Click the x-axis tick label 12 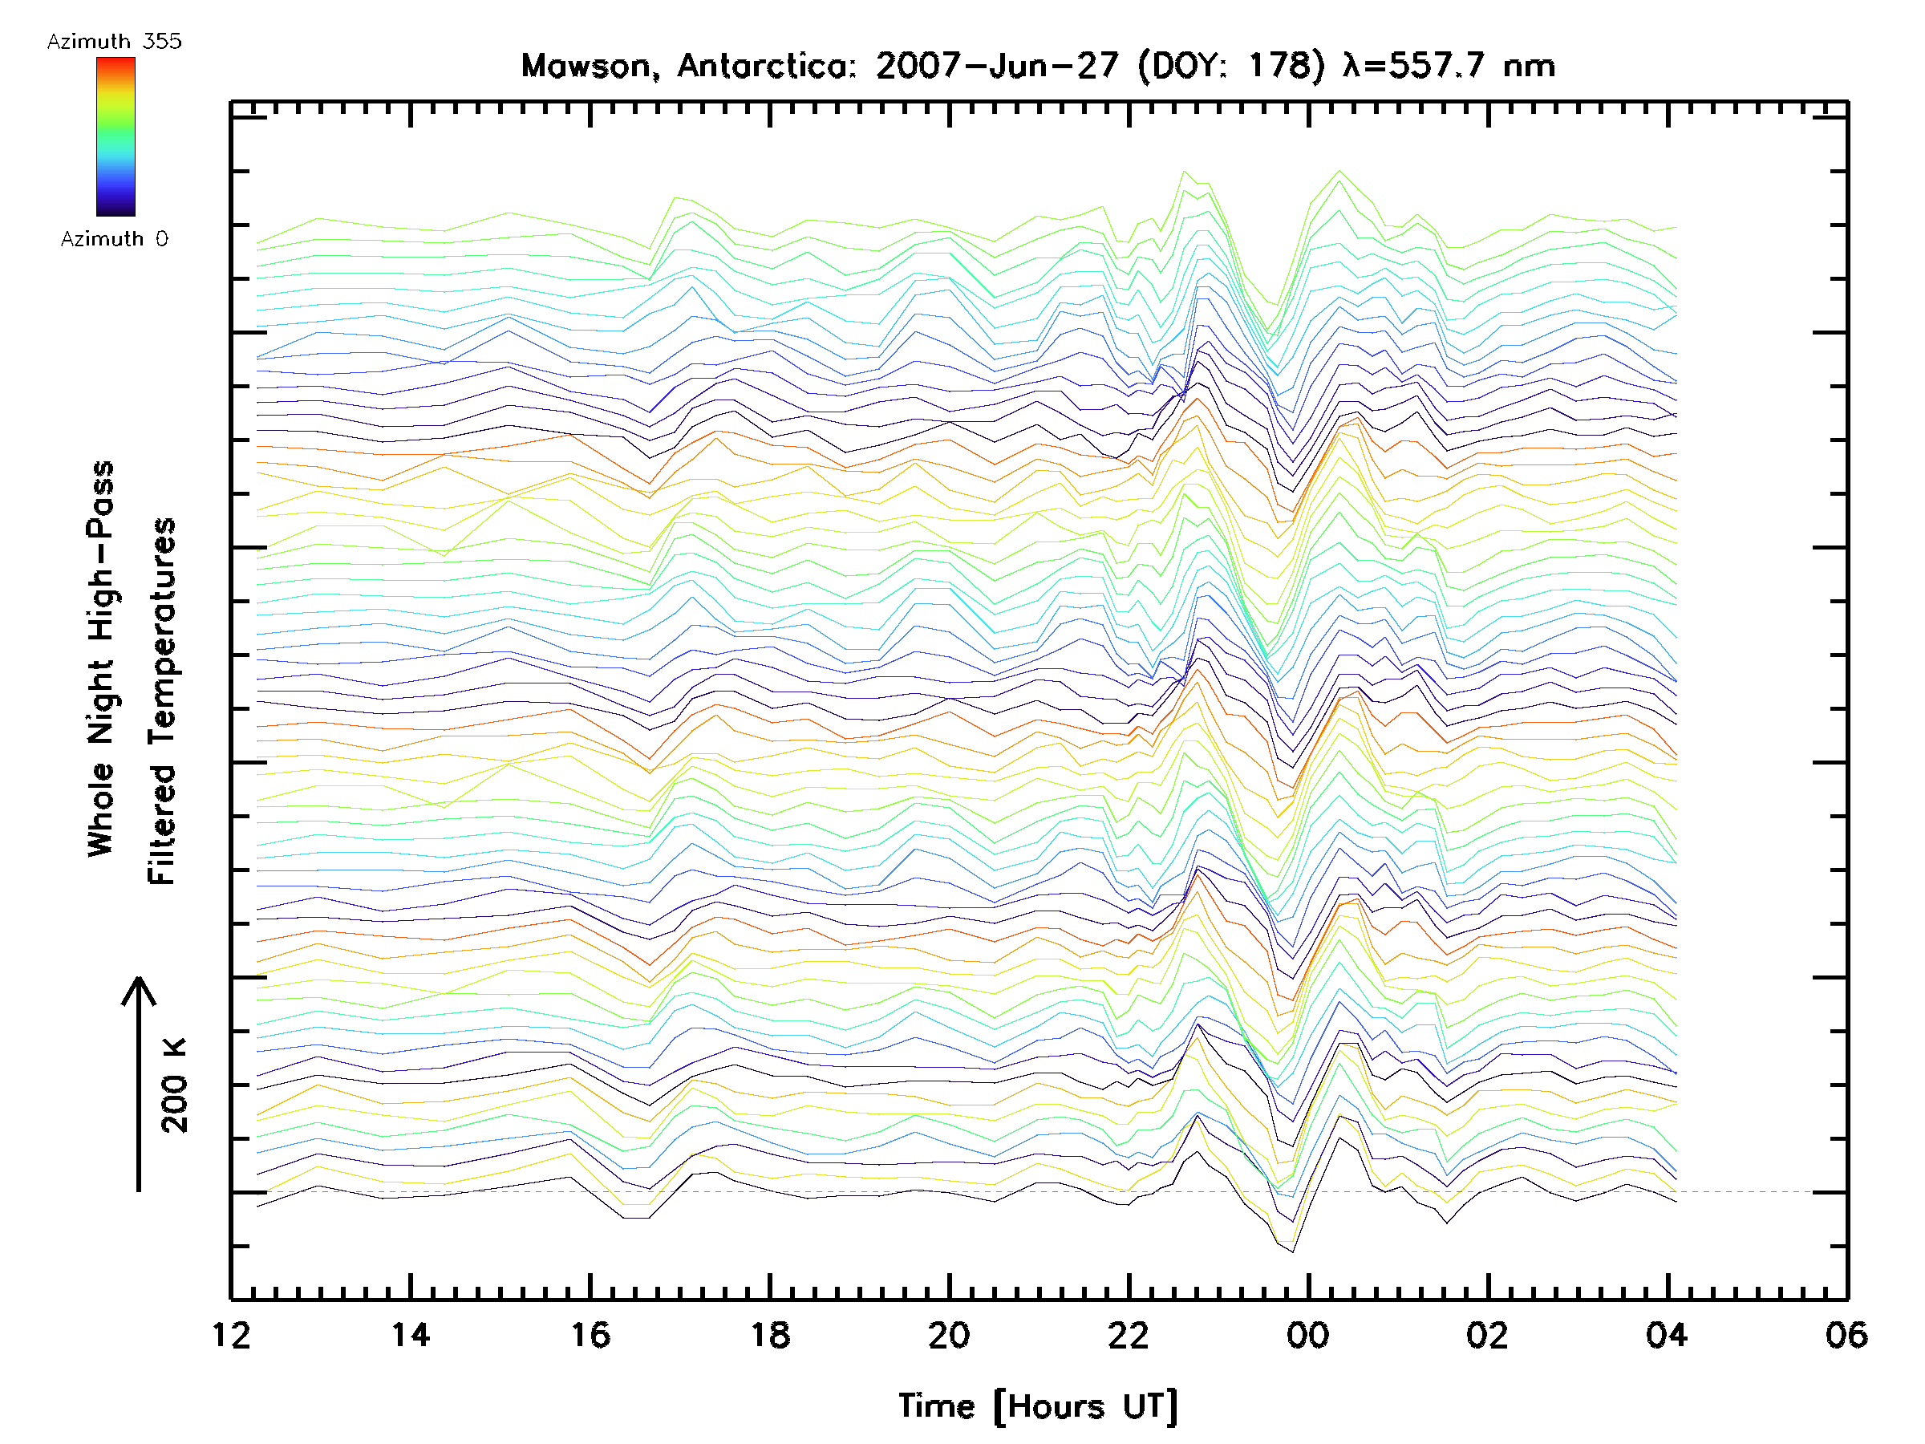coord(231,1334)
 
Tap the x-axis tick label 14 coord(410,1334)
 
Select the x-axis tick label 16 coord(590,1334)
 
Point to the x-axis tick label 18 coord(770,1334)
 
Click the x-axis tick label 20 coord(949,1334)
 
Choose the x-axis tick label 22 coord(1129,1334)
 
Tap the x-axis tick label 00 coord(1308,1334)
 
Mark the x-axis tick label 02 coord(1487,1334)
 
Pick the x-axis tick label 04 coord(1667,1334)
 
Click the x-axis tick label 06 coord(1846,1334)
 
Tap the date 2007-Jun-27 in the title coord(996,66)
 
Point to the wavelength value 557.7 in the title coord(1436,66)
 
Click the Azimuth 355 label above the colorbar coord(114,41)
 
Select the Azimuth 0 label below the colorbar coord(114,238)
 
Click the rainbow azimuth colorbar coord(115,136)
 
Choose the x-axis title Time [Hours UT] coord(1038,1405)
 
